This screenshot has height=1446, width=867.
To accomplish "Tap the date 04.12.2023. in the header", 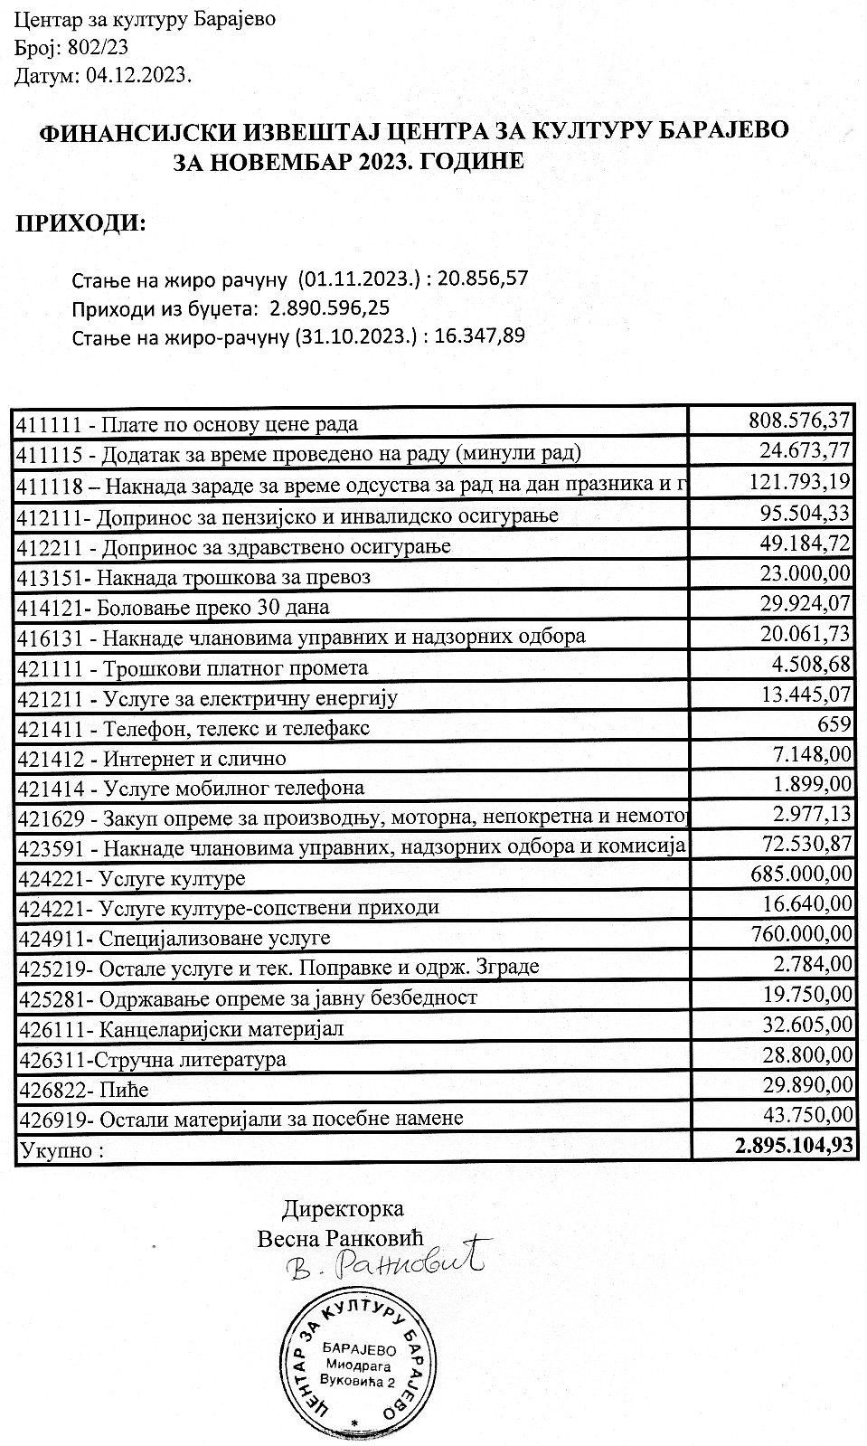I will (139, 76).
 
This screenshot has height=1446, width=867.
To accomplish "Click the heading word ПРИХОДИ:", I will (80, 222).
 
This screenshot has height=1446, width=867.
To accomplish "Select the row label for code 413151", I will (193, 576).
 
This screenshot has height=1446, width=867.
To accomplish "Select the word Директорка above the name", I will (344, 1208).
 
